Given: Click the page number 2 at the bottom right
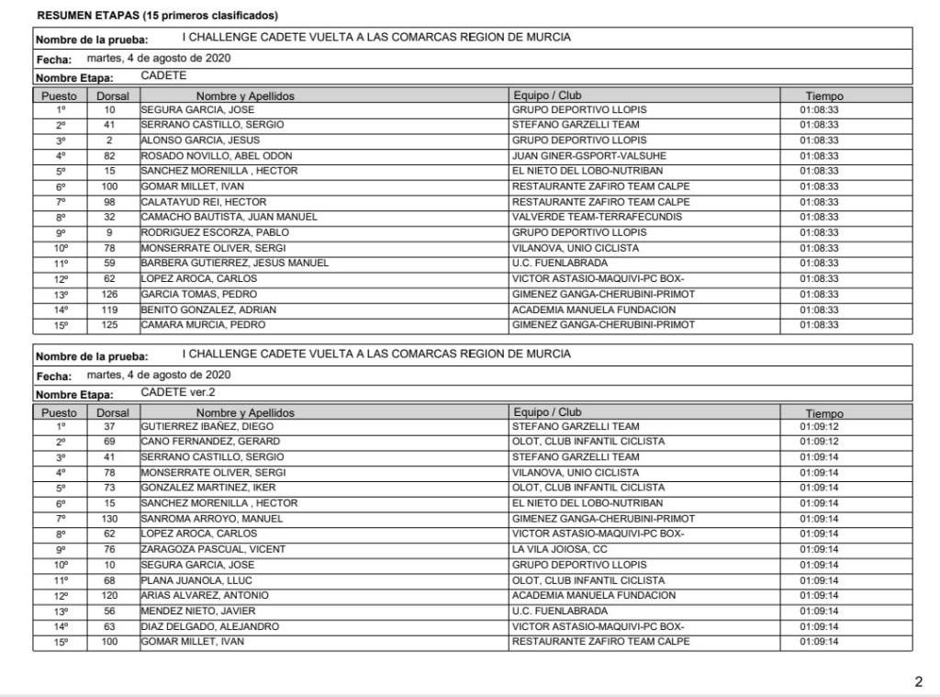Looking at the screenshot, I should coord(918,681).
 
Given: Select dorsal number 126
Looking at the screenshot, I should coord(108,294).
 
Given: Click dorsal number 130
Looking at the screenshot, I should coord(108,519).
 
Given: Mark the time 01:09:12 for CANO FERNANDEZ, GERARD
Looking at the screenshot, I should coord(819,442).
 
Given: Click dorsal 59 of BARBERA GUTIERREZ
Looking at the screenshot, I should coord(108,264).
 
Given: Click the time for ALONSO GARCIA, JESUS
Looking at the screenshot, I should coord(819,141).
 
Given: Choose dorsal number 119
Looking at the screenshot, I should coord(108,309).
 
